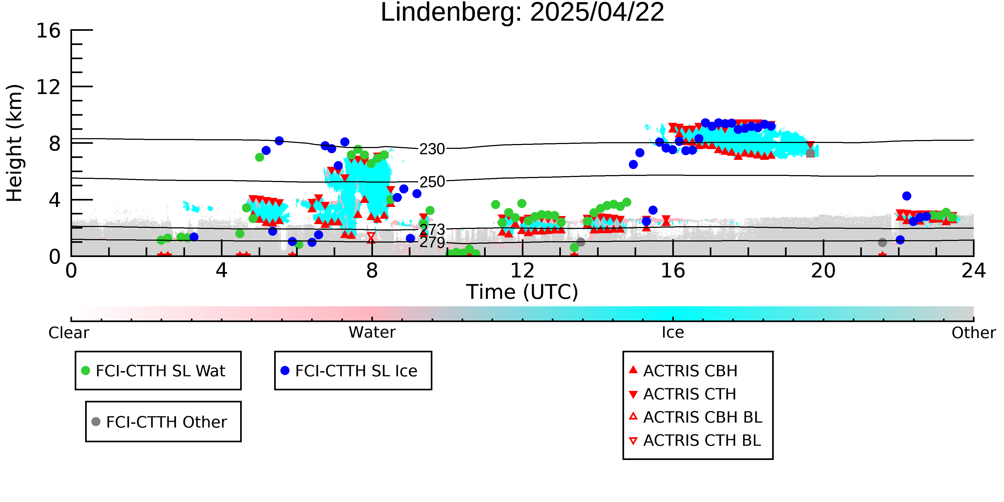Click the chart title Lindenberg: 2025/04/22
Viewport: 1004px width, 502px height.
522,13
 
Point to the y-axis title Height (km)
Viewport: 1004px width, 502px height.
14,143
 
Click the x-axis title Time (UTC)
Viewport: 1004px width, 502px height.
522,292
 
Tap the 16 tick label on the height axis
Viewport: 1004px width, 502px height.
48,31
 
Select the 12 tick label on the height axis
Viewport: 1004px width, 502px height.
48,87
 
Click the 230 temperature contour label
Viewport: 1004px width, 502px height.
432,149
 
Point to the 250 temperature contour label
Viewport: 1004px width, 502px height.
432,182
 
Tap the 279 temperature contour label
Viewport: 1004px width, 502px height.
432,242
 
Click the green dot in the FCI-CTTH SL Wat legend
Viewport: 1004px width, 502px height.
85,371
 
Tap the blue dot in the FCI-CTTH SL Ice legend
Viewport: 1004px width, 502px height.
285,371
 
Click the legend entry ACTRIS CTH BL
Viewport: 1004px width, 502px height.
695,440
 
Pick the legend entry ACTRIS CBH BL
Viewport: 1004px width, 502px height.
695,417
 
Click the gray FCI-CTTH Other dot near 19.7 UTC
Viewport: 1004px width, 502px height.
810,153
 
